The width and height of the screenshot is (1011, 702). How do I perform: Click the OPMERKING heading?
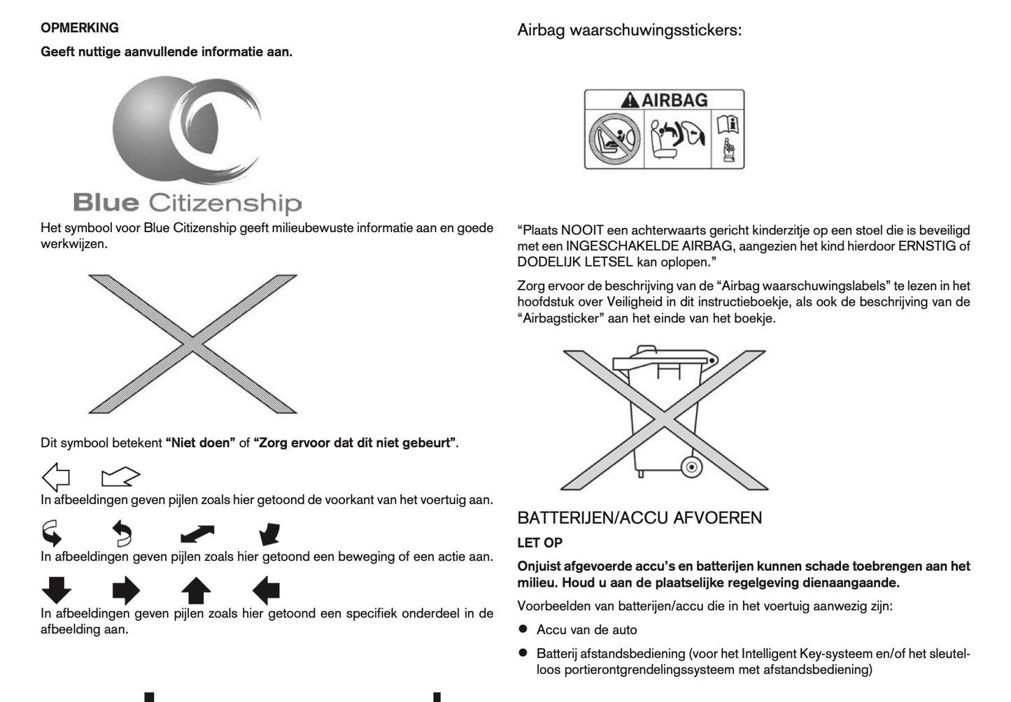pos(80,28)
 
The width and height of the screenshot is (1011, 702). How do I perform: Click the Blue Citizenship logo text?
pos(188,203)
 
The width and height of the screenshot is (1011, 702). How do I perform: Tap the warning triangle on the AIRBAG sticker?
pos(630,101)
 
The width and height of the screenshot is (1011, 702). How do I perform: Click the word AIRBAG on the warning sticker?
pos(674,101)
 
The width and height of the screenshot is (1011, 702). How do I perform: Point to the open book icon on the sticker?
pos(728,125)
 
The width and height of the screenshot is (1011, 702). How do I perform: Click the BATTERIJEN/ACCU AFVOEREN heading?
pos(639,518)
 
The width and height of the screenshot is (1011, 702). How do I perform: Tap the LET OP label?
pos(539,543)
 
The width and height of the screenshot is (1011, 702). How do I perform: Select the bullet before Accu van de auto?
pos(523,629)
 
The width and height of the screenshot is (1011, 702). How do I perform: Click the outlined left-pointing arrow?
pos(56,478)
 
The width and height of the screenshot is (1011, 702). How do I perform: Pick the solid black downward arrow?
pos(57,591)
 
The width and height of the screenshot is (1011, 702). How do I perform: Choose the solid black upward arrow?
pos(196,591)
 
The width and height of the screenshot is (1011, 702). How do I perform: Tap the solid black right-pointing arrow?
pos(126,591)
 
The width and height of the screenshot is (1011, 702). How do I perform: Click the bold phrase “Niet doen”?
pos(200,443)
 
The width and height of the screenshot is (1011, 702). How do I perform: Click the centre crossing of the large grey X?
pos(192,343)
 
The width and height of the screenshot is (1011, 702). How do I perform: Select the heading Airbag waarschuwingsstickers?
pos(629,30)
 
